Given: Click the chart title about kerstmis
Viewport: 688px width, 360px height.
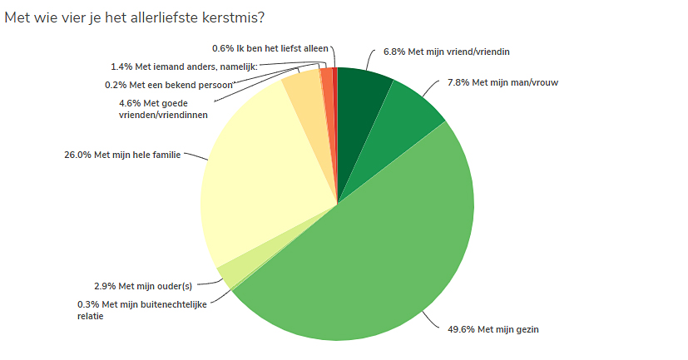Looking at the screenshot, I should (140, 17).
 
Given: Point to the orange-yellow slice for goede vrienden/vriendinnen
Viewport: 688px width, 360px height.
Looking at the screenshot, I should (304, 91).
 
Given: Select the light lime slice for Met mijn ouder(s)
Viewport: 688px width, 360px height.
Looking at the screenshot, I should (230, 271).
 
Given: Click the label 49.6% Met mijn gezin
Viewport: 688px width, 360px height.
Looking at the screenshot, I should (488, 330).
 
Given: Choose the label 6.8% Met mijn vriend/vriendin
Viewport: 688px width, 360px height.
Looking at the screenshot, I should (445, 52).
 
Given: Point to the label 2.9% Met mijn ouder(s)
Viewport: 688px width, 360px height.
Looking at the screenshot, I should (142, 285).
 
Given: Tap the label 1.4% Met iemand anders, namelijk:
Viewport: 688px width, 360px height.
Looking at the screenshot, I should (184, 67).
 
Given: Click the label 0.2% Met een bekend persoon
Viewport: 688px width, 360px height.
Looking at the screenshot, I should (169, 84).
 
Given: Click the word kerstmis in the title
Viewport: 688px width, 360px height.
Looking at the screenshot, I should (245, 17).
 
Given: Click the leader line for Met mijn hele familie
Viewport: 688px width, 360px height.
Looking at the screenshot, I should (194, 155).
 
